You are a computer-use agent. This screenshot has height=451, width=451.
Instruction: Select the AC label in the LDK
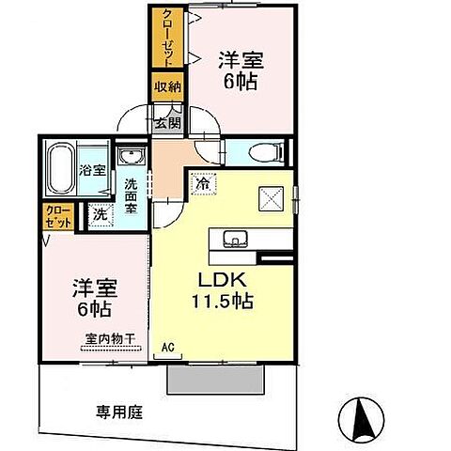[x=169, y=347]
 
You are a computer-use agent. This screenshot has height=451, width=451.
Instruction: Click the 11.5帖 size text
[x=224, y=302]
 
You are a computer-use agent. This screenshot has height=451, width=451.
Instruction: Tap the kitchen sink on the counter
[x=233, y=237]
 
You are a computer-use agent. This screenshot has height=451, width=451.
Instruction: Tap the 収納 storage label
[x=165, y=86]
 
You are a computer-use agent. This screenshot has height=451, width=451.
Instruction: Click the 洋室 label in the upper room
[x=241, y=58]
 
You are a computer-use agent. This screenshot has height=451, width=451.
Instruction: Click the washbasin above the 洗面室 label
[x=129, y=156]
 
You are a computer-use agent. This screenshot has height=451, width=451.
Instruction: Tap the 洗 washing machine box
[x=100, y=214]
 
